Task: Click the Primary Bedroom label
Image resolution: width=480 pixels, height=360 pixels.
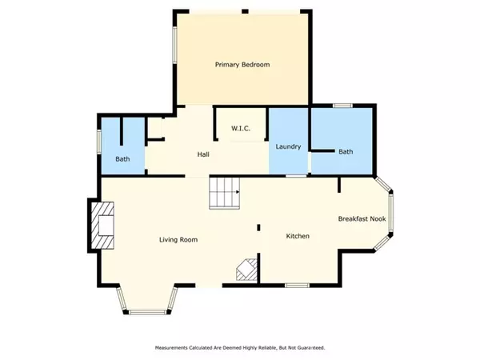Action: (x=242, y=65)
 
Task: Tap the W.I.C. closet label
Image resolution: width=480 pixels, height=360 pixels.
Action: (x=241, y=128)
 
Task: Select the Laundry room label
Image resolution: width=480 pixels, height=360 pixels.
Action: (x=288, y=146)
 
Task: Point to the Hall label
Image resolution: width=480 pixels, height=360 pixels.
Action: (x=203, y=154)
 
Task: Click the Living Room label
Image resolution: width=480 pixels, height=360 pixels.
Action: (x=178, y=240)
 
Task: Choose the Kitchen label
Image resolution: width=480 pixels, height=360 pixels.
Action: (x=298, y=236)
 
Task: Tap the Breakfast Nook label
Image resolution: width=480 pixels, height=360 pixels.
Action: (x=362, y=219)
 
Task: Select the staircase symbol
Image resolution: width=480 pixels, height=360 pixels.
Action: (x=224, y=193)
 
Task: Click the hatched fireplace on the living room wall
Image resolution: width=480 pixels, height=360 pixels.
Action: (x=102, y=226)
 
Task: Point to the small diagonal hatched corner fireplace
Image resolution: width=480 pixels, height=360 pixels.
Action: (x=246, y=270)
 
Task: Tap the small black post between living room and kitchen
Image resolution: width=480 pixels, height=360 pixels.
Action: (x=258, y=227)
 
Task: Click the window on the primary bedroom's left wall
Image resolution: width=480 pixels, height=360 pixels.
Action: (x=174, y=45)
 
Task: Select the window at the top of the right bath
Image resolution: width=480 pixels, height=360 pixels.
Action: (x=343, y=106)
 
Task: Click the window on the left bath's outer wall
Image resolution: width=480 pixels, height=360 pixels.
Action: (x=99, y=142)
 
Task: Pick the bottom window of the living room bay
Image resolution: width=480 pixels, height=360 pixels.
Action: (x=147, y=312)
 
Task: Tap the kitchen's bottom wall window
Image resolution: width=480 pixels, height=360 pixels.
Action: (x=297, y=286)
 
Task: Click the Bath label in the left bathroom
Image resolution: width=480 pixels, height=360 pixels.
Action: (x=122, y=159)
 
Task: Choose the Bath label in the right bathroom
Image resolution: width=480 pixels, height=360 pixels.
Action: (x=346, y=151)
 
